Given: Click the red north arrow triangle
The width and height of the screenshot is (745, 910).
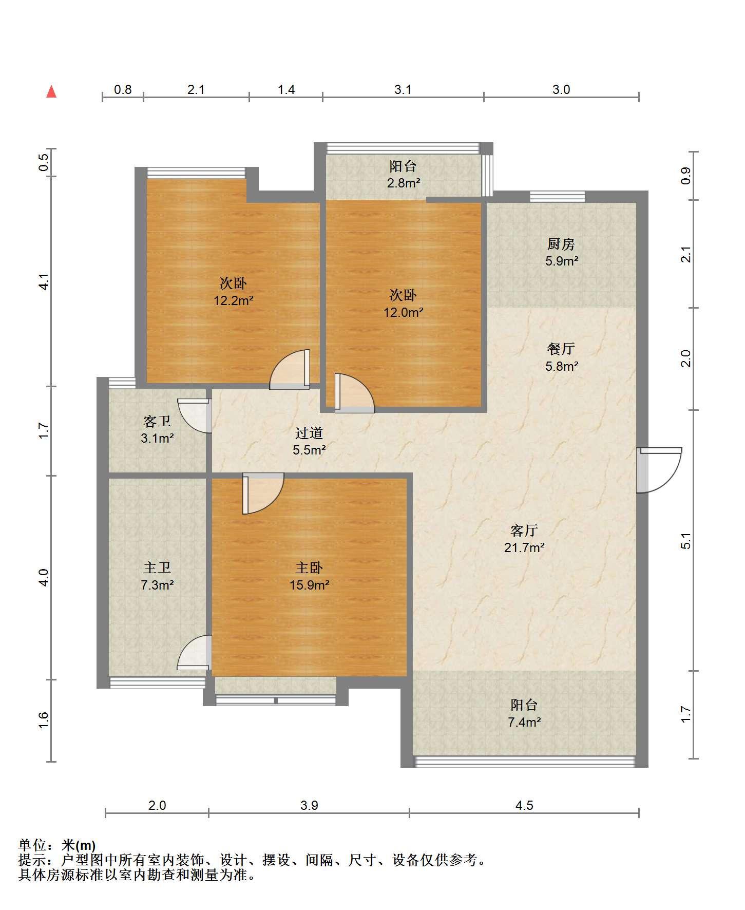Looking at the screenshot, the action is (51, 92).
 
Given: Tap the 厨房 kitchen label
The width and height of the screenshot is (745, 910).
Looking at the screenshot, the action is (561, 244).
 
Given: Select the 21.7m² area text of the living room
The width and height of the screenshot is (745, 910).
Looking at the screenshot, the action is (524, 547).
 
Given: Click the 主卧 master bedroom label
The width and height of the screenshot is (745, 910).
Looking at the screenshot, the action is (309, 567).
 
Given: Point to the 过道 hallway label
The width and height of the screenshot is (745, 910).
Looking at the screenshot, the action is (309, 433).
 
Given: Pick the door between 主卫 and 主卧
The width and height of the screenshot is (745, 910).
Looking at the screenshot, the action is (195, 652).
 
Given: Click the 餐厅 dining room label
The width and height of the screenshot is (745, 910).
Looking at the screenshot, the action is (561, 349).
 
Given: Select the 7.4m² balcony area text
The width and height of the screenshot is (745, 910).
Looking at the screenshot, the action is (524, 723).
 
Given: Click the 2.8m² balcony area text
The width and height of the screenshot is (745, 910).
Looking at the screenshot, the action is (404, 183).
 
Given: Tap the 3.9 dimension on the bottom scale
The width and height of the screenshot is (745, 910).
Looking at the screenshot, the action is (309, 805).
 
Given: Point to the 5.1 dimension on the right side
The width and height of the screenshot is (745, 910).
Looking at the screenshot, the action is (686, 541).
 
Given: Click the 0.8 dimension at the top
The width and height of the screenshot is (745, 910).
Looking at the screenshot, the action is (123, 90).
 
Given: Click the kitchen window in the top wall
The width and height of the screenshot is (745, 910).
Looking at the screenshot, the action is (557, 196).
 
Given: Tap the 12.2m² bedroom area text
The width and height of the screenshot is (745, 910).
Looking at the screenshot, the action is (234, 300).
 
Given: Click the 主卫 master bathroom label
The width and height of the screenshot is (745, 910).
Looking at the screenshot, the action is (157, 567).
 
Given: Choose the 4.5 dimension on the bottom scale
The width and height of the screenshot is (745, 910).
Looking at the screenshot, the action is (524, 805).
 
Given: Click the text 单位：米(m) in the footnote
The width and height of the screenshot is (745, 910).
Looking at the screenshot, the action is (57, 845).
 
